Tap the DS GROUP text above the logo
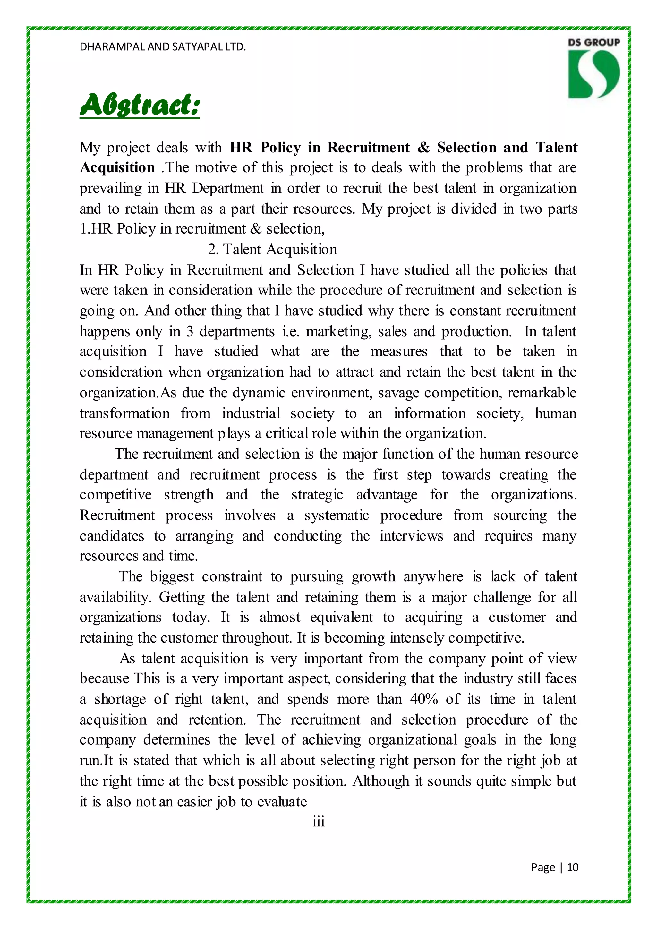pos(593,42)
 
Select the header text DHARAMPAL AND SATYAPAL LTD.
pos(163,47)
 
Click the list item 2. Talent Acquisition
pos(272,249)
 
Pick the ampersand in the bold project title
pos(423,147)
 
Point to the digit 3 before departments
pos(190,331)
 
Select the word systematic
pos(337,515)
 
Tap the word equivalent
pos(341,617)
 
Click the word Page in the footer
pos(542,867)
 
